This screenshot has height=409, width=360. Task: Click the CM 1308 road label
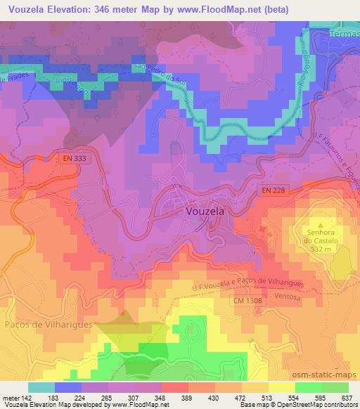(x=248, y=301)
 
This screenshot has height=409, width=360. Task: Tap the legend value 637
(x=345, y=397)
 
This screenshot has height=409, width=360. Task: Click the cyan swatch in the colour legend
(x=41, y=387)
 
